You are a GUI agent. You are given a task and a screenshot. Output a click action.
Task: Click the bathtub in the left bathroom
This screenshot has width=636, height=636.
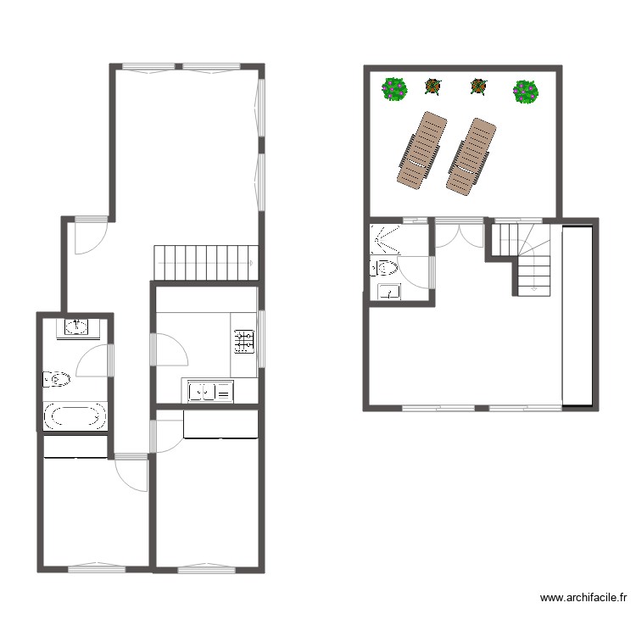tap(75, 416)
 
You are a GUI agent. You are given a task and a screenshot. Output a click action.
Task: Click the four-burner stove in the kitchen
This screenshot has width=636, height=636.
tap(244, 341)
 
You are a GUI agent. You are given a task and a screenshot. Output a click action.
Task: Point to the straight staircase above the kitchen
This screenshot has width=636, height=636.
tap(205, 262)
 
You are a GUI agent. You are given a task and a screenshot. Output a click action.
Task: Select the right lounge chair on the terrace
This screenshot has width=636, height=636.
tap(471, 156)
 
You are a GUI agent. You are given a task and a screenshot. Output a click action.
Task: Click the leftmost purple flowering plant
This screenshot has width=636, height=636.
tap(394, 88)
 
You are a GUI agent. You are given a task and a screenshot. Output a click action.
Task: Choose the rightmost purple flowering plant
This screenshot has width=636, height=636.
tap(526, 90)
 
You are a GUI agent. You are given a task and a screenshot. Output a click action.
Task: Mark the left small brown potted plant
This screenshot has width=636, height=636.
tap(433, 86)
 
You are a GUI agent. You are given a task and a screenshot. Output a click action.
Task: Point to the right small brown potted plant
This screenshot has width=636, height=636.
tap(479, 86)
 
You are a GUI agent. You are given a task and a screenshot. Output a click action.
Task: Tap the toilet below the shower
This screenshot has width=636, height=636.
tap(385, 269)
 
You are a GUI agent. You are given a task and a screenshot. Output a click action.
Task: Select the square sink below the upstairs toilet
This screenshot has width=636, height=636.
tap(389, 292)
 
